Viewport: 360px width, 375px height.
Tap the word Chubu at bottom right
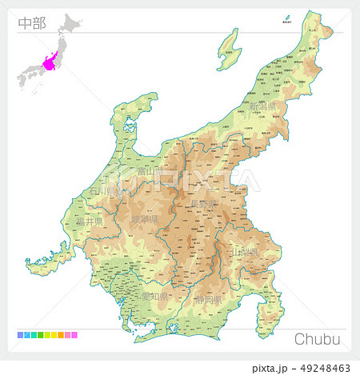[318, 339]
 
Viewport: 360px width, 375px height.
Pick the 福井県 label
[90, 220]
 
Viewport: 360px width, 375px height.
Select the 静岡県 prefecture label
[210, 301]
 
